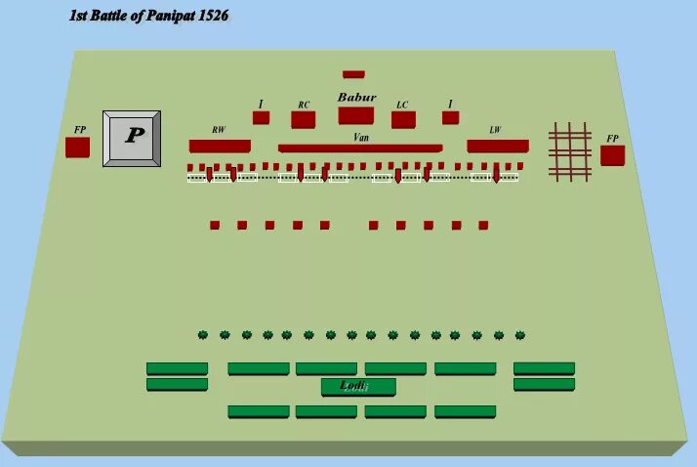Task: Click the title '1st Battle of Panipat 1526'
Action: pos(148,17)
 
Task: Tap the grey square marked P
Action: pos(132,138)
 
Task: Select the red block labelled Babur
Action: pos(356,115)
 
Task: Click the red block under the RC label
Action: pos(303,120)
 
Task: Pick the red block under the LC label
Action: pos(403,120)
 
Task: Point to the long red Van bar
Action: pos(360,149)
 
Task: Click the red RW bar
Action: pos(220,146)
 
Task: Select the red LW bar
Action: pos(498,146)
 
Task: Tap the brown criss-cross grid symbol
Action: pos(570,151)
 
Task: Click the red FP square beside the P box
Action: pos(77,148)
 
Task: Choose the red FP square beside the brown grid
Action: pos(612,155)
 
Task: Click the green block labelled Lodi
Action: pos(358,387)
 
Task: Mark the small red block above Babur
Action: pos(353,74)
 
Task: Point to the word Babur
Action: pos(356,98)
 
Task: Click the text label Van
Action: pos(361,139)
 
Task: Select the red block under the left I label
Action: pos(261,118)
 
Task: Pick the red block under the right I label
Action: pos(450,118)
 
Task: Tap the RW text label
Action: pos(218,130)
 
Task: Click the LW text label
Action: pos(495,130)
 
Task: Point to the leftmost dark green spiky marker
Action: pos(203,335)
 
